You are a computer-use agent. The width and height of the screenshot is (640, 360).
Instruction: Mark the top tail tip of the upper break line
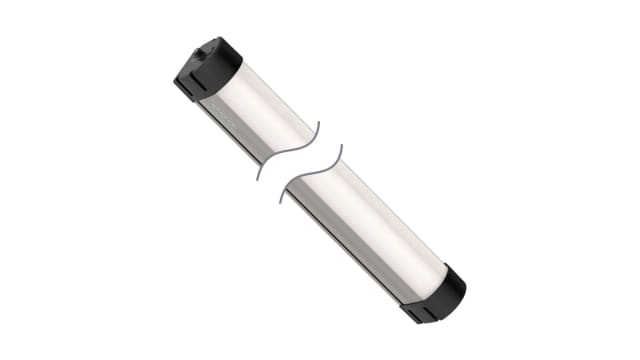[319, 125]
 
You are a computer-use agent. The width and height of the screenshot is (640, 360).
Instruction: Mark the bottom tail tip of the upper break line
[257, 180]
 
